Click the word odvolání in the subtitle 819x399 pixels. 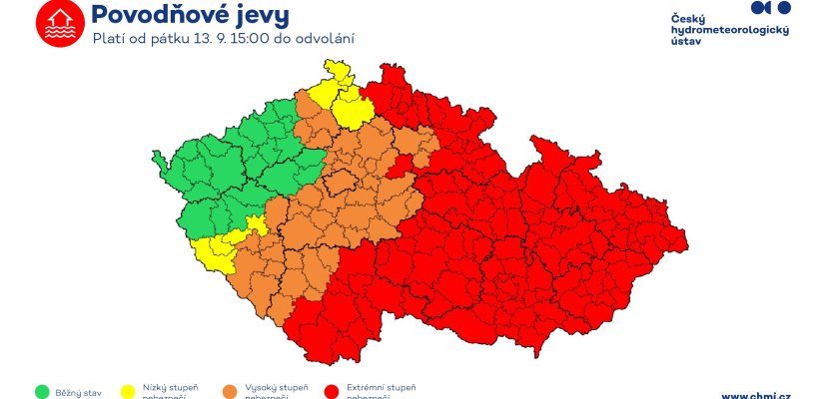click(x=328, y=39)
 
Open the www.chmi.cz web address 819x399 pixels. click(x=755, y=395)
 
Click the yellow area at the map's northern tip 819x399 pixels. click(x=340, y=95)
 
